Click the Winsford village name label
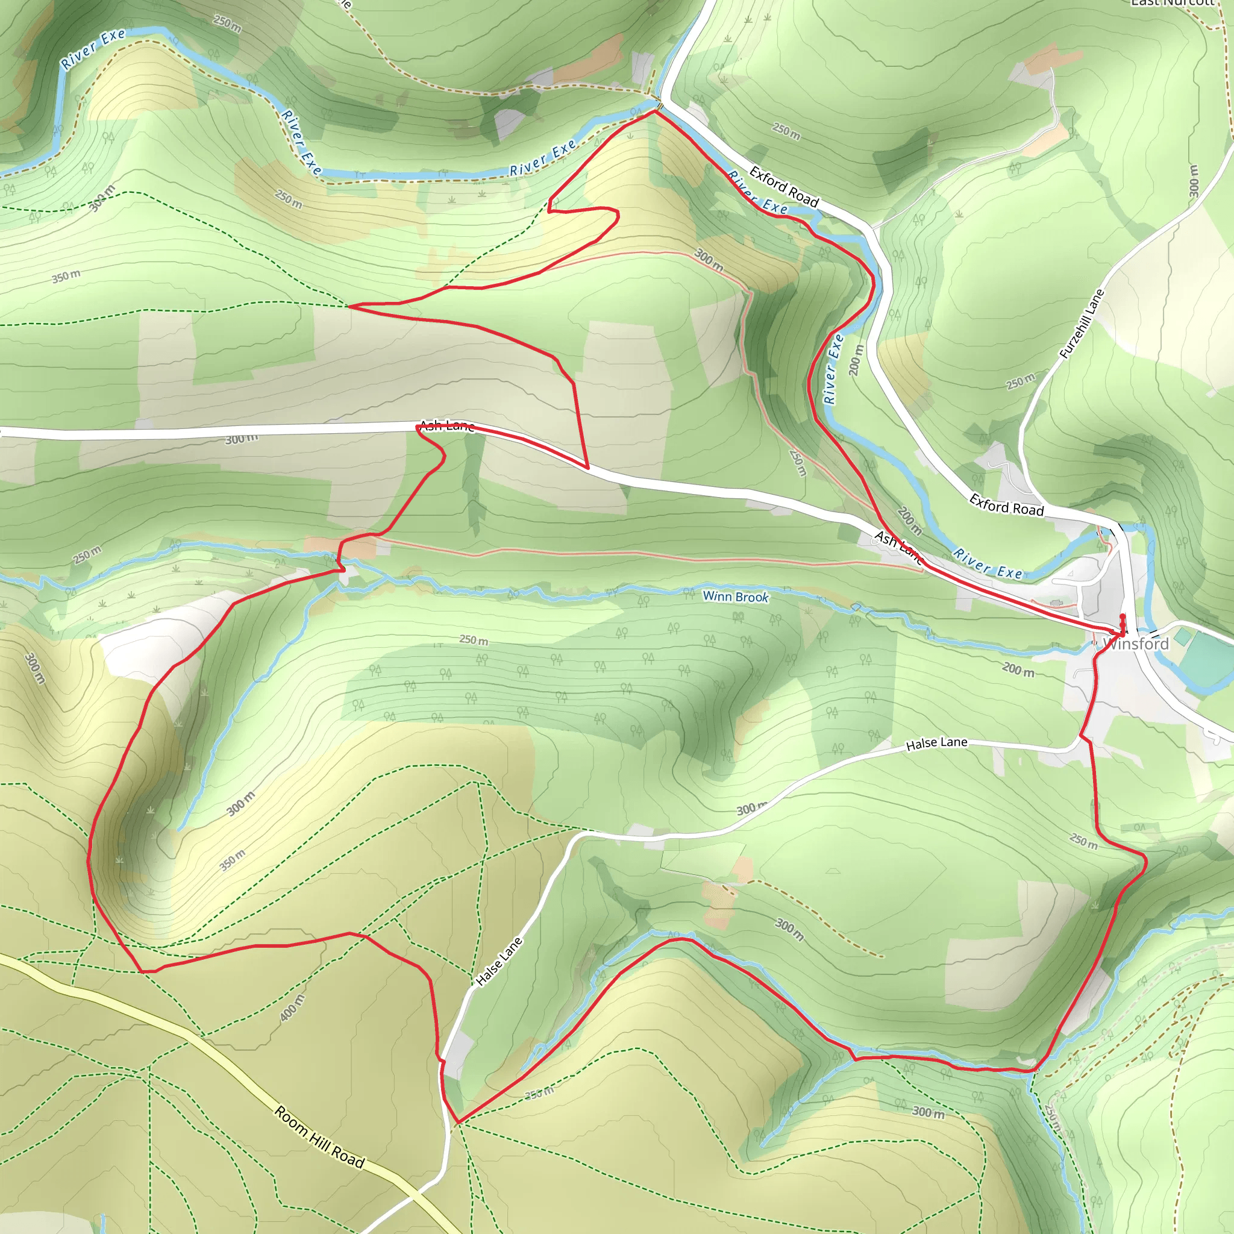pyautogui.click(x=1136, y=644)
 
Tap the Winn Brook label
pyautogui.click(x=735, y=597)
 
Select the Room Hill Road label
pyautogui.click(x=319, y=1137)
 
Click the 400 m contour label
pyautogui.click(x=292, y=1007)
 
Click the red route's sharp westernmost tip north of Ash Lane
pyautogui.click(x=349, y=306)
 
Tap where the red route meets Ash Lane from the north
pyautogui.click(x=587, y=468)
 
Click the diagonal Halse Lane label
pyautogui.click(x=499, y=960)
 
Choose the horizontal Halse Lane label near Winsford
pyautogui.click(x=936, y=743)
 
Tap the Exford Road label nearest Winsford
pyautogui.click(x=1006, y=504)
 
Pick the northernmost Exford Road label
pyautogui.click(x=784, y=186)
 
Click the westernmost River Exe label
pyautogui.click(x=93, y=49)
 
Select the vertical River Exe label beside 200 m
pyautogui.click(x=833, y=369)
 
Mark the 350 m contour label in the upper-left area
pyautogui.click(x=66, y=276)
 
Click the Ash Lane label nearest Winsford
pyautogui.click(x=898, y=547)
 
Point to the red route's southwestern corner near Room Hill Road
pyautogui.click(x=142, y=971)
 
